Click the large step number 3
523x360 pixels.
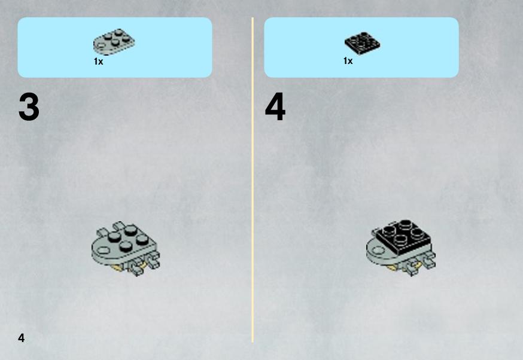(29, 107)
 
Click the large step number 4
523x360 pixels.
(275, 107)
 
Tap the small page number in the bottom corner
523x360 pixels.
(22, 338)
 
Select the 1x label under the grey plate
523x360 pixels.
(98, 62)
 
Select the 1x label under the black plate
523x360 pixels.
(348, 61)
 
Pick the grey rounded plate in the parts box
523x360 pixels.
(114, 42)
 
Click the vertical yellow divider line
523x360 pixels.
(253, 180)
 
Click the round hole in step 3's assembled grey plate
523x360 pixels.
(104, 250)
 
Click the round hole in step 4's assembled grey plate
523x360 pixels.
(378, 250)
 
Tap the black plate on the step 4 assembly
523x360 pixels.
(403, 237)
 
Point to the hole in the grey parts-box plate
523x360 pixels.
(100, 51)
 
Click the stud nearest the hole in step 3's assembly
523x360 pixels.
(114, 236)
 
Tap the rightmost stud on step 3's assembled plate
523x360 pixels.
(142, 239)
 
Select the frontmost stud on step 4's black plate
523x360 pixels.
(400, 239)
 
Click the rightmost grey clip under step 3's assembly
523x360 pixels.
(154, 260)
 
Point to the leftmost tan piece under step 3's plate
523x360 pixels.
(117, 267)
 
